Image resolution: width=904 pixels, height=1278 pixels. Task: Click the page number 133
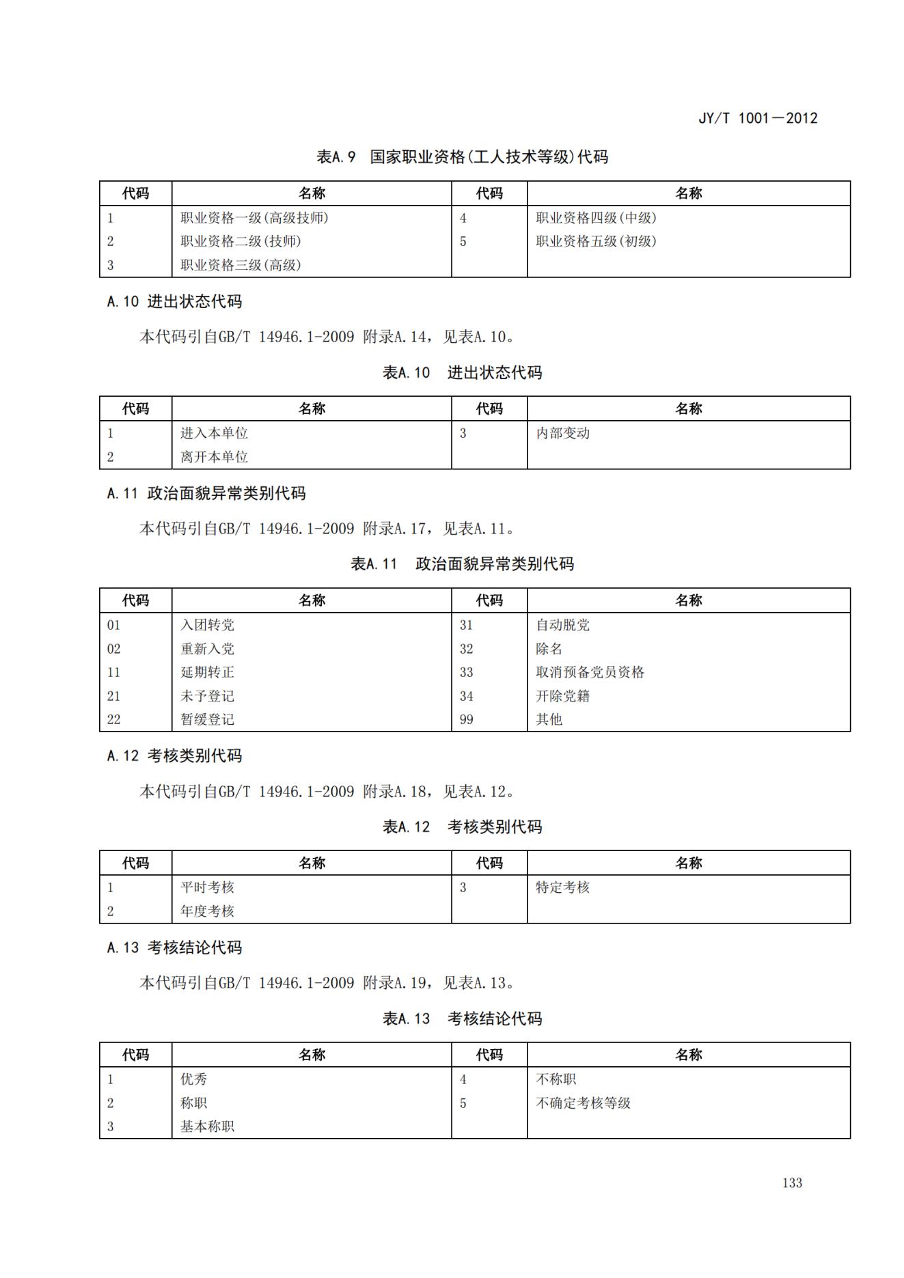coord(792,1183)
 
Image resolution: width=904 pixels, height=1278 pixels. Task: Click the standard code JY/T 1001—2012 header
coord(757,118)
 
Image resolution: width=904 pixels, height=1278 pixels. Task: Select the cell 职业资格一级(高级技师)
coord(254,218)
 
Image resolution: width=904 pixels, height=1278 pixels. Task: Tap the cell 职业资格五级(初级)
coord(596,241)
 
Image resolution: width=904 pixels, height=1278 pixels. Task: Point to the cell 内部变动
coord(562,433)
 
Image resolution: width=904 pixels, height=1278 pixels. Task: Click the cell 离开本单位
coord(214,457)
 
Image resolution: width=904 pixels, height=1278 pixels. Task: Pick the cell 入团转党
coord(207,625)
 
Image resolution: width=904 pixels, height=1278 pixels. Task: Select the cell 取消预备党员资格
coord(590,672)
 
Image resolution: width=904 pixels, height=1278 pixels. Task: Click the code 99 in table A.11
coord(466,719)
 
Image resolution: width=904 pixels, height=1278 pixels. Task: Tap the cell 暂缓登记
coord(207,719)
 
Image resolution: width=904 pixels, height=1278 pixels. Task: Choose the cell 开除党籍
coord(562,696)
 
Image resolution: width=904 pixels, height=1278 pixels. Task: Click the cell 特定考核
coord(562,887)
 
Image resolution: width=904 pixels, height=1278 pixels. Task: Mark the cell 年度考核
coord(207,911)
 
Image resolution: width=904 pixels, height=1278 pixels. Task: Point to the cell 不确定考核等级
coord(583,1103)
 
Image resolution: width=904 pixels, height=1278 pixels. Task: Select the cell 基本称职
coord(207,1126)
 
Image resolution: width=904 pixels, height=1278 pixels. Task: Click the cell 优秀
coord(193,1079)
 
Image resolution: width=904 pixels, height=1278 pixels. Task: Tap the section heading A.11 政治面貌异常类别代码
coord(206,493)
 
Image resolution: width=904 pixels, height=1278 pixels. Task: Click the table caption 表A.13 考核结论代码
coord(462,1018)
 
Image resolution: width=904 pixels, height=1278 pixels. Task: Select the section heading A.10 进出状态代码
coord(174,301)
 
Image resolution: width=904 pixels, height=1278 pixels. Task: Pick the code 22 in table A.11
coord(113,719)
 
